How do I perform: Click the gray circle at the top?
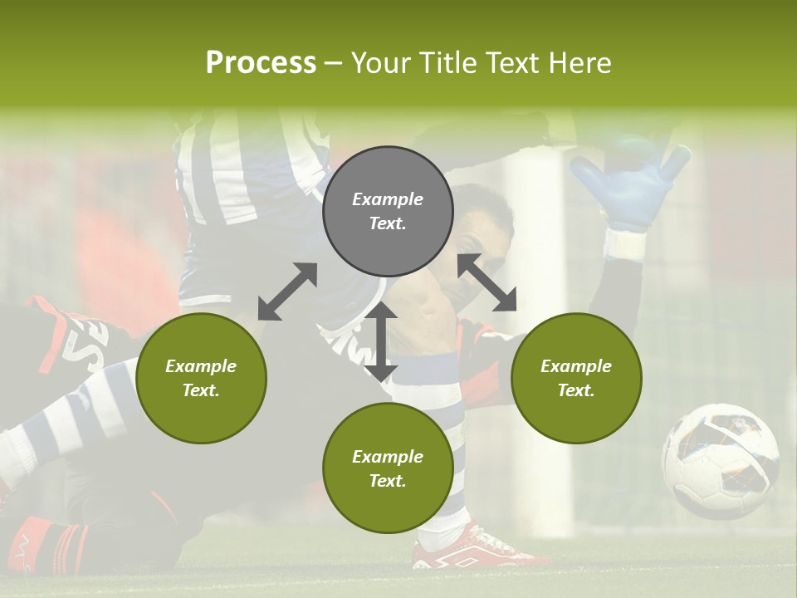pos(388,211)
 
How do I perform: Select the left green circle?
pos(201,378)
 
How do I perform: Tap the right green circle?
pos(575,378)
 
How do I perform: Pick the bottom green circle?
pos(388,468)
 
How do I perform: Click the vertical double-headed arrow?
pos(381,341)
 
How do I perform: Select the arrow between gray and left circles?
pos(287,292)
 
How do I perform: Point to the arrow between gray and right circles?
pos(487,282)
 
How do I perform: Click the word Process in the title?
pos(261,63)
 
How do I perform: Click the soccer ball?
pos(720,461)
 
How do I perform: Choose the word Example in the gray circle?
pos(388,199)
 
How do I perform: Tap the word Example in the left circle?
pos(201,366)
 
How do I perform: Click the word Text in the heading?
pos(510,63)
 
